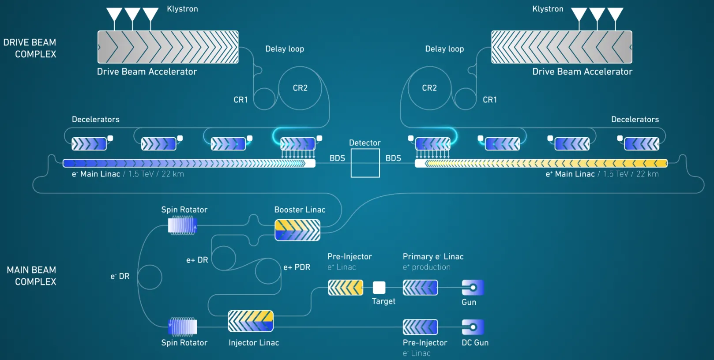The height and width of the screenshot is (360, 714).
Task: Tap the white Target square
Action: point(379,287)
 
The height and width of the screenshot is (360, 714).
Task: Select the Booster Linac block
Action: point(297,230)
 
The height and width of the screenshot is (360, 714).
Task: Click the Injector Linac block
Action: point(251,321)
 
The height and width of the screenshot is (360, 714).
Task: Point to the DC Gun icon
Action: point(473,327)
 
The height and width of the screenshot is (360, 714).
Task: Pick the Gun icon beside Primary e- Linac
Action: point(473,287)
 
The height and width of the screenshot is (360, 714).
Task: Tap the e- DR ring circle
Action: point(138,277)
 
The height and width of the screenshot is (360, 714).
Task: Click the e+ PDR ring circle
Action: point(256,271)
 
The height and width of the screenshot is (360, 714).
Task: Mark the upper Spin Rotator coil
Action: point(182,225)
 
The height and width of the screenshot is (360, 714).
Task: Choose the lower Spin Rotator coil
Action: point(182,327)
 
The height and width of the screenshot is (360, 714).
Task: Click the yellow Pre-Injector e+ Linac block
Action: point(346,287)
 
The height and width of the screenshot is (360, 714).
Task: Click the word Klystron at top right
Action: point(548,9)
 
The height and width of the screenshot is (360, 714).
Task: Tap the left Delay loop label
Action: point(285,49)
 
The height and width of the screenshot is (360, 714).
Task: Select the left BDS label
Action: point(337,158)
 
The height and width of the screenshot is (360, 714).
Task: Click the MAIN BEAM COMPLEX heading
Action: point(31,276)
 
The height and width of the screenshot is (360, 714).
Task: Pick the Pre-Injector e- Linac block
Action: point(420,327)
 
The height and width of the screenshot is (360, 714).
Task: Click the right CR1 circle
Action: point(455,99)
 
